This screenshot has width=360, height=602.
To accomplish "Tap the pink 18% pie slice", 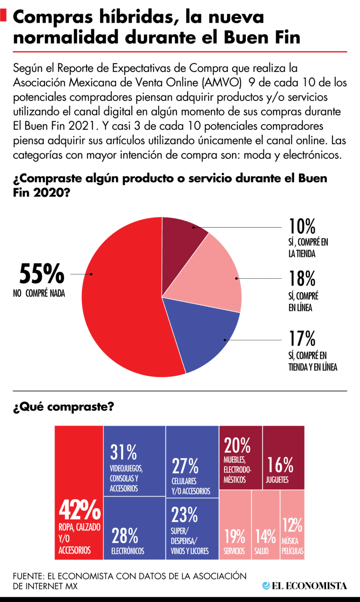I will pos(213,280).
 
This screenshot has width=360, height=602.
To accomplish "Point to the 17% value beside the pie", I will pos(302,339).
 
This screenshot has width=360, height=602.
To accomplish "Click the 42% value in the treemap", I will pos(80,511).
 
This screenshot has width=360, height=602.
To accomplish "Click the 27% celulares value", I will pos(185,466).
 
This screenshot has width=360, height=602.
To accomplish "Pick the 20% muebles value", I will pos(237,446).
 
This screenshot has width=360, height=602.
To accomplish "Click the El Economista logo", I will pos(305,586).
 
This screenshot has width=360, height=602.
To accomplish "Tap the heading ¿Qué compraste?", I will pos(63,407).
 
